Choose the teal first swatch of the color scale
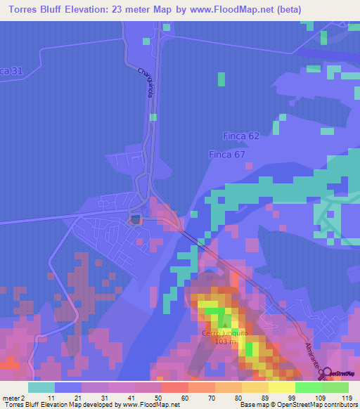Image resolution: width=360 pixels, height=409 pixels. pyautogui.click(x=41, y=387)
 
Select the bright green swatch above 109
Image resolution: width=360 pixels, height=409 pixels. pyautogui.click(x=308, y=387)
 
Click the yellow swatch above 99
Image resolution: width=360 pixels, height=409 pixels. pyautogui.click(x=281, y=387)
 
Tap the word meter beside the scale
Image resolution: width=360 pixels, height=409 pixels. pyautogui.click(x=10, y=398)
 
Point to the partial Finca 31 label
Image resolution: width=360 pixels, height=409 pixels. pyautogui.click(x=11, y=71)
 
